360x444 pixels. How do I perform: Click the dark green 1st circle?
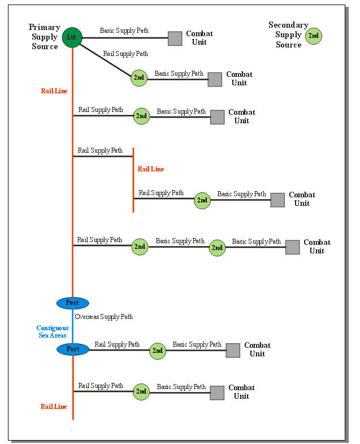72,37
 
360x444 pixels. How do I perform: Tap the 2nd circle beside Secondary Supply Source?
314,36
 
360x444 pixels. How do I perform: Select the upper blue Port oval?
73,303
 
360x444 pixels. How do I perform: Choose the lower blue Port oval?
73,349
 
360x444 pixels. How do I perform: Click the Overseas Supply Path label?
104,317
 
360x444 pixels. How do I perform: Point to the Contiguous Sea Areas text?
53,331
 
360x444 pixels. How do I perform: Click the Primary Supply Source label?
45,37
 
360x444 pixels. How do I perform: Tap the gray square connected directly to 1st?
175,38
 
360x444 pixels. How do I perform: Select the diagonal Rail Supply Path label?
125,54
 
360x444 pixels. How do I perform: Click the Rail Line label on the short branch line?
150,169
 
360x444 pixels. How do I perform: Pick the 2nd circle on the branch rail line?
202,200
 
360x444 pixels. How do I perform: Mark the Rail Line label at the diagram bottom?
54,407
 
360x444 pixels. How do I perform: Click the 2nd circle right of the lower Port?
158,351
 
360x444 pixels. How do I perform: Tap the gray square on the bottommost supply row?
218,393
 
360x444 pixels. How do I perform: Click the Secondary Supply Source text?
288,35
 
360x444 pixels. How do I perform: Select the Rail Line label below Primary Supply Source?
54,91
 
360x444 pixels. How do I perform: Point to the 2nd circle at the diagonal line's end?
139,78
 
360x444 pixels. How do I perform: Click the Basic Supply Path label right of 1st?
124,31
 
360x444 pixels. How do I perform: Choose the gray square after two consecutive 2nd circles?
292,247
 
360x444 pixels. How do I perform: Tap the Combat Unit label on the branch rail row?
302,199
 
